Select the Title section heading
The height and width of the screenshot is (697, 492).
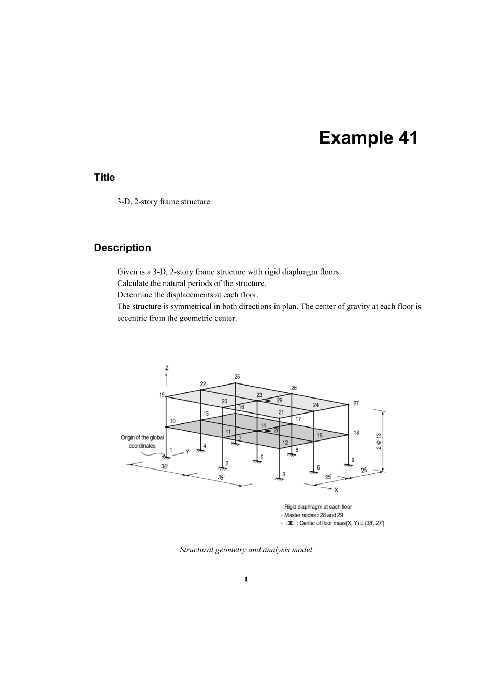(104, 177)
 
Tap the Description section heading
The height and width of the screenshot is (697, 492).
(122, 248)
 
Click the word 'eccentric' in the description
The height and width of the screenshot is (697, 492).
(132, 318)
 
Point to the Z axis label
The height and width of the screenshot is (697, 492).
(166, 367)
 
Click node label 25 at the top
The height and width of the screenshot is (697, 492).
(237, 377)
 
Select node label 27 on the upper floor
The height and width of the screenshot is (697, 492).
(356, 403)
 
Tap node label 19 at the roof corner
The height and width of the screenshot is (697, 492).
(162, 395)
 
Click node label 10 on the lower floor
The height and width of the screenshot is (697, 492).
(172, 421)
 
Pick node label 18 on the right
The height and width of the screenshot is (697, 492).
(356, 433)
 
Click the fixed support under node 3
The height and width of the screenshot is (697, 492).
(279, 479)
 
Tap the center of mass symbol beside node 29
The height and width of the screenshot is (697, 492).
(267, 401)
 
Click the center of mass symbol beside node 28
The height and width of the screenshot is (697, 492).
(267, 431)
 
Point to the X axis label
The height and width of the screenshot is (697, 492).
(336, 489)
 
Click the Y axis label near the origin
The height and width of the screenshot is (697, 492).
(187, 451)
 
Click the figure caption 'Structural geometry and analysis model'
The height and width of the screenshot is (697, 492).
(246, 549)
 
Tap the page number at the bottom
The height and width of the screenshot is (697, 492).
(246, 579)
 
